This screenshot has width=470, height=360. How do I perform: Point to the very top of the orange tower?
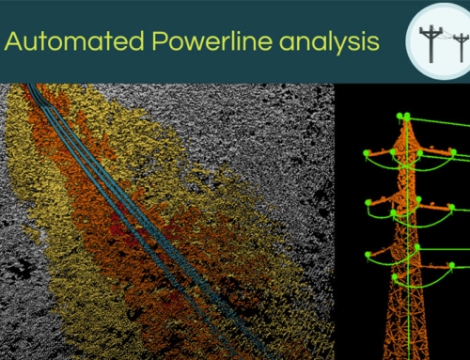[x=405, y=117]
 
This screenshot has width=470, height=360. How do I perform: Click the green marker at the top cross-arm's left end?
[x=367, y=151]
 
